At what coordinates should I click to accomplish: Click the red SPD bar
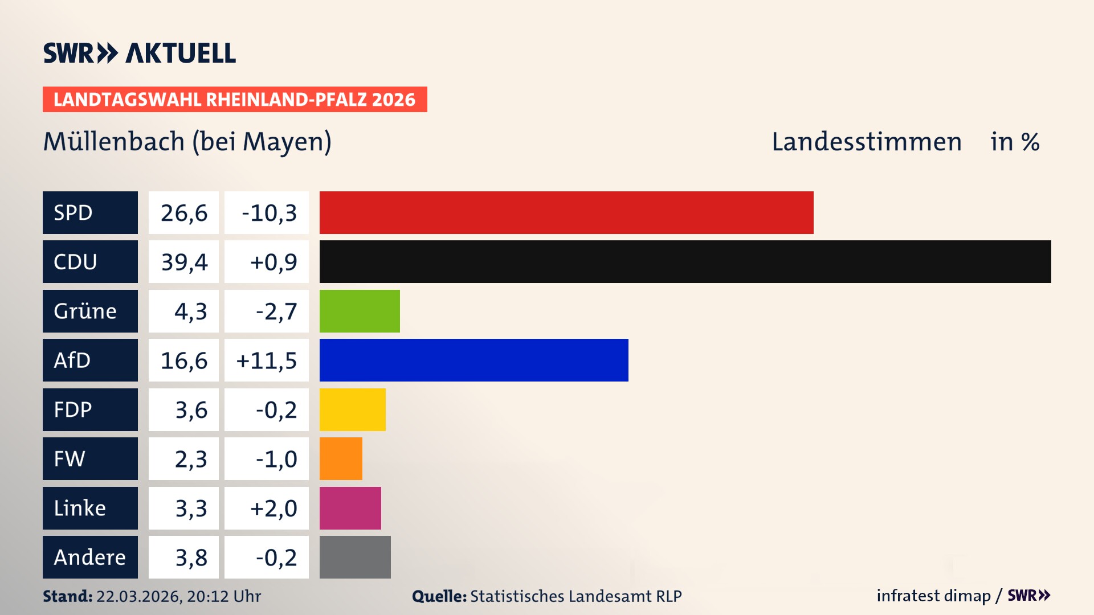(x=566, y=212)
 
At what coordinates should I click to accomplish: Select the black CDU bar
(x=685, y=261)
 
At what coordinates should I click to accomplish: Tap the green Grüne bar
(x=360, y=311)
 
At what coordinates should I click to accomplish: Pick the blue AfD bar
(x=473, y=360)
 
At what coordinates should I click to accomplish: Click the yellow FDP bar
(x=352, y=409)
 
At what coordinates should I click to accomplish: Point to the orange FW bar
(x=341, y=458)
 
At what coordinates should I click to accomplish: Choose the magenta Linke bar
(x=350, y=508)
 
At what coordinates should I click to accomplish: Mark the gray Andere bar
(x=355, y=557)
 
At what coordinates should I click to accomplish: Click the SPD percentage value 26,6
(x=183, y=213)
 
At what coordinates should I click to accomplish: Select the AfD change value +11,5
(x=267, y=360)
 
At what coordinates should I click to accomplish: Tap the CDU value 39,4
(x=183, y=262)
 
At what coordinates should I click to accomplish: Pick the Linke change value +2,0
(x=273, y=508)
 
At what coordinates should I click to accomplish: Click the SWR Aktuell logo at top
(x=139, y=53)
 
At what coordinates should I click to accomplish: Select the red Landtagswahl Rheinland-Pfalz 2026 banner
(x=234, y=100)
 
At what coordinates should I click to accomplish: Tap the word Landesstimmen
(x=866, y=142)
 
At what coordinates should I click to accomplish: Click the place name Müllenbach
(x=114, y=142)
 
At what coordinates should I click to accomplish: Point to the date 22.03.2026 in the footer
(x=138, y=596)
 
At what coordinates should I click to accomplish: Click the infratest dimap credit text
(x=933, y=596)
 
